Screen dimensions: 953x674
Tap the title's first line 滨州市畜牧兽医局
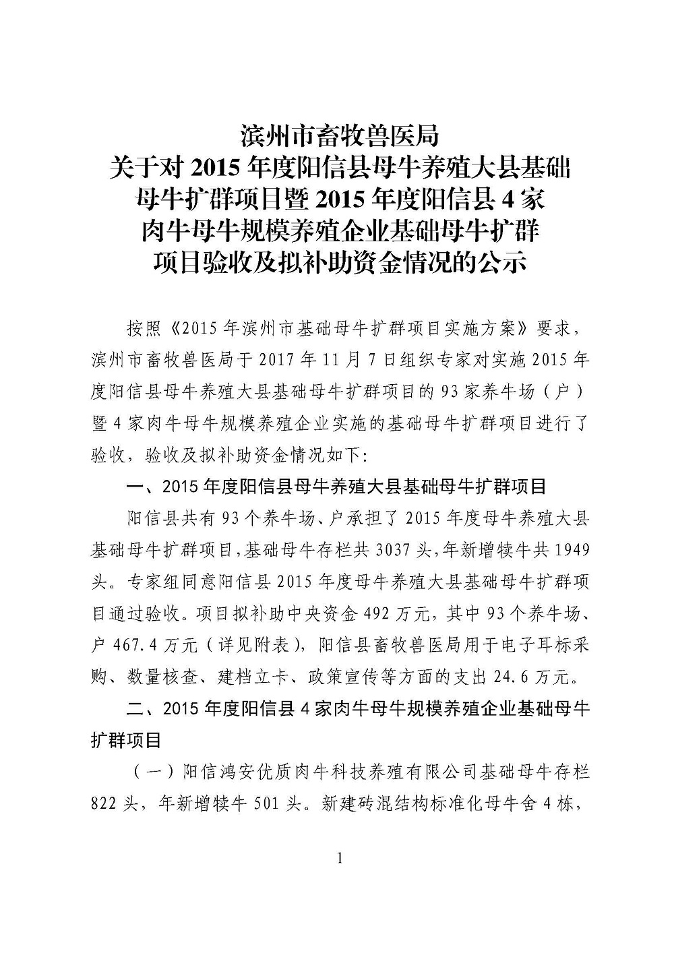click(x=340, y=135)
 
